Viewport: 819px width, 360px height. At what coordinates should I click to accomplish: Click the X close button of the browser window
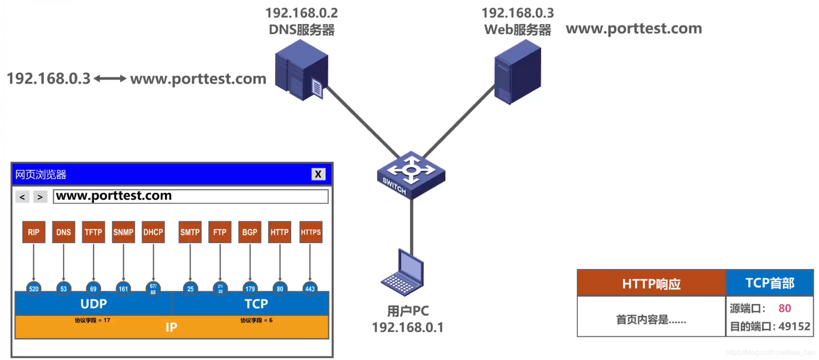pos(318,174)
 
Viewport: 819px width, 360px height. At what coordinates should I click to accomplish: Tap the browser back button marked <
pos(22,197)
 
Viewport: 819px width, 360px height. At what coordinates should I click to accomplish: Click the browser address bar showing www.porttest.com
pos(191,196)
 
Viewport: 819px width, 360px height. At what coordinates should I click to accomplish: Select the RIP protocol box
pos(34,232)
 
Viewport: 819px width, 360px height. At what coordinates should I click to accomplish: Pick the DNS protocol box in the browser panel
pos(63,232)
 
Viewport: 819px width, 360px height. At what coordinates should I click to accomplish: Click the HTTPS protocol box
pos(311,232)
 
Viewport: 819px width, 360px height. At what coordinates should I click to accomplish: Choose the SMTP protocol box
pos(190,232)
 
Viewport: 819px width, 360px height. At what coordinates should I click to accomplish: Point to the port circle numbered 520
pos(34,289)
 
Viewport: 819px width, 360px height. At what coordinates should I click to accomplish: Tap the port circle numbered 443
pos(310,289)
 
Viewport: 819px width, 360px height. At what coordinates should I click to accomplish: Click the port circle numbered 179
pos(250,289)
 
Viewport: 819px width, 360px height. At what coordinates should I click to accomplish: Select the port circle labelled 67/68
pos(153,289)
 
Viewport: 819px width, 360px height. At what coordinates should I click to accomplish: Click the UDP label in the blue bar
pos(93,304)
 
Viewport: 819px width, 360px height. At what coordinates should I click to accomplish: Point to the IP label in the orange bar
pos(171,327)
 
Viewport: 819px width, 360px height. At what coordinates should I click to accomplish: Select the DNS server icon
pos(302,71)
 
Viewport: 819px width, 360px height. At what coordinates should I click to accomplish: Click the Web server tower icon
pos(517,72)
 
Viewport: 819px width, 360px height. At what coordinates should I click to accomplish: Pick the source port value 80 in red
pos(785,309)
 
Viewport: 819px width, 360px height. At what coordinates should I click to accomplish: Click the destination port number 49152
pos(794,327)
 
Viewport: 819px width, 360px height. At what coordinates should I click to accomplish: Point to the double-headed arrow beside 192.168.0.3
pos(110,78)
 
